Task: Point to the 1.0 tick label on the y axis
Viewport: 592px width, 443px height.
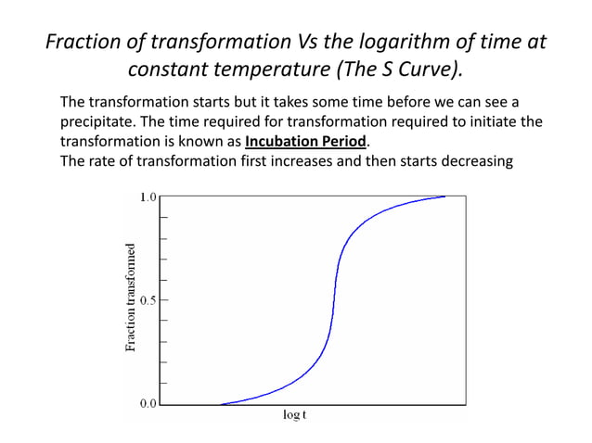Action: click(x=148, y=196)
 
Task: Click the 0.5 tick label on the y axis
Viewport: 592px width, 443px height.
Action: click(x=148, y=300)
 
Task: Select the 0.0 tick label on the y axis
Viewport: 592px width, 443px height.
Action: click(x=148, y=404)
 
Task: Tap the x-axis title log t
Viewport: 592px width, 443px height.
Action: click(x=294, y=414)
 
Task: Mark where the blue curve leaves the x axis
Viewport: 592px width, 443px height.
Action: click(x=221, y=403)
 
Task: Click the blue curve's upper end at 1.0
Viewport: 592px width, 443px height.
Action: click(x=444, y=196)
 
